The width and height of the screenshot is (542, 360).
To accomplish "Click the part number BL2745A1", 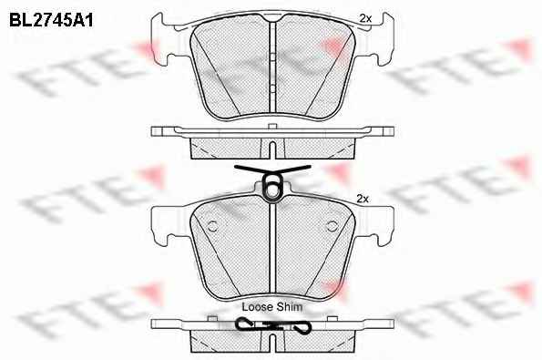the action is pos(51,20).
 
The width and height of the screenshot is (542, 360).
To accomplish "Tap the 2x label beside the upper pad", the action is pos(365,18).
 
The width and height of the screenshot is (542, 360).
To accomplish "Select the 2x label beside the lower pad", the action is pos(363,199).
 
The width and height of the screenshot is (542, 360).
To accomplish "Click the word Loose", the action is pos(256,307).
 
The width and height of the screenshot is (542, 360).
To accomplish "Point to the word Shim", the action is pos(288,307).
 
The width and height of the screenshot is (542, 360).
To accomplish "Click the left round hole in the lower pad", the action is pos(212,226).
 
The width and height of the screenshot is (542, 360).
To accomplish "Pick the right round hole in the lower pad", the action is pos(332,226).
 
